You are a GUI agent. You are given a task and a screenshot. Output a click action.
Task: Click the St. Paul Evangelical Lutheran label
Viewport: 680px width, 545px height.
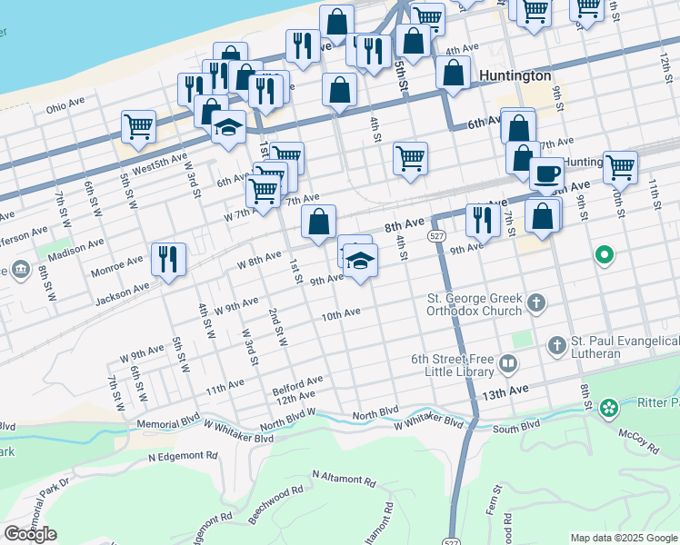pos(623,347)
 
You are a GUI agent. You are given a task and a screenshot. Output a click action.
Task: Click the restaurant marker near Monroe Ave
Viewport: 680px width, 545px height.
pos(167,259)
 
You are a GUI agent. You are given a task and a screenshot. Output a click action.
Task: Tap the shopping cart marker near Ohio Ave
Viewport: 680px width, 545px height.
pos(138,126)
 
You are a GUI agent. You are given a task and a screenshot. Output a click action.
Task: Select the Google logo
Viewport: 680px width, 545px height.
pos(30,534)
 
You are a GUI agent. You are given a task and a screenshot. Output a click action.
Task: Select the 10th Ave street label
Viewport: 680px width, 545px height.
pos(341,314)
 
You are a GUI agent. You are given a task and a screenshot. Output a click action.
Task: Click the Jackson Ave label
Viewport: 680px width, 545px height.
pos(120,290)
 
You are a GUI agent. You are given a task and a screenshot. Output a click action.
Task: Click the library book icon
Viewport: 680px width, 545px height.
pos(507,365)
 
